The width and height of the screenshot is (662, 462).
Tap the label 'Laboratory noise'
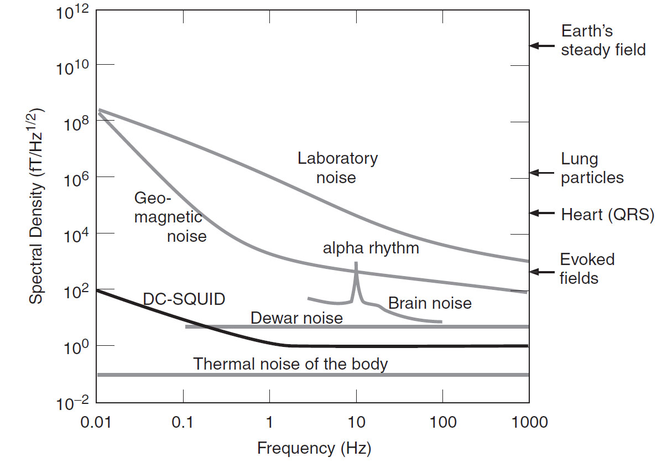point(337,168)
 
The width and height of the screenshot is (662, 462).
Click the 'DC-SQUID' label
point(184,299)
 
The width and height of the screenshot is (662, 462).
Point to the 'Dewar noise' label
point(296,318)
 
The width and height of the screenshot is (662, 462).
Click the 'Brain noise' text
point(430,303)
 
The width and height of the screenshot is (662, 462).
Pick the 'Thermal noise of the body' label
point(290,364)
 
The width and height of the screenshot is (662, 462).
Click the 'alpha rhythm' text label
point(371,248)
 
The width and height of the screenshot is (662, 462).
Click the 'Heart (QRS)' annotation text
point(607,214)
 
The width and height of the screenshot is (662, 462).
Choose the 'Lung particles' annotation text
point(592,169)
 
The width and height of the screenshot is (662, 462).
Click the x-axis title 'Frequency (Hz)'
point(314,447)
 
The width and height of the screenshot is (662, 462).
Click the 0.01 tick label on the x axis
point(96,423)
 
